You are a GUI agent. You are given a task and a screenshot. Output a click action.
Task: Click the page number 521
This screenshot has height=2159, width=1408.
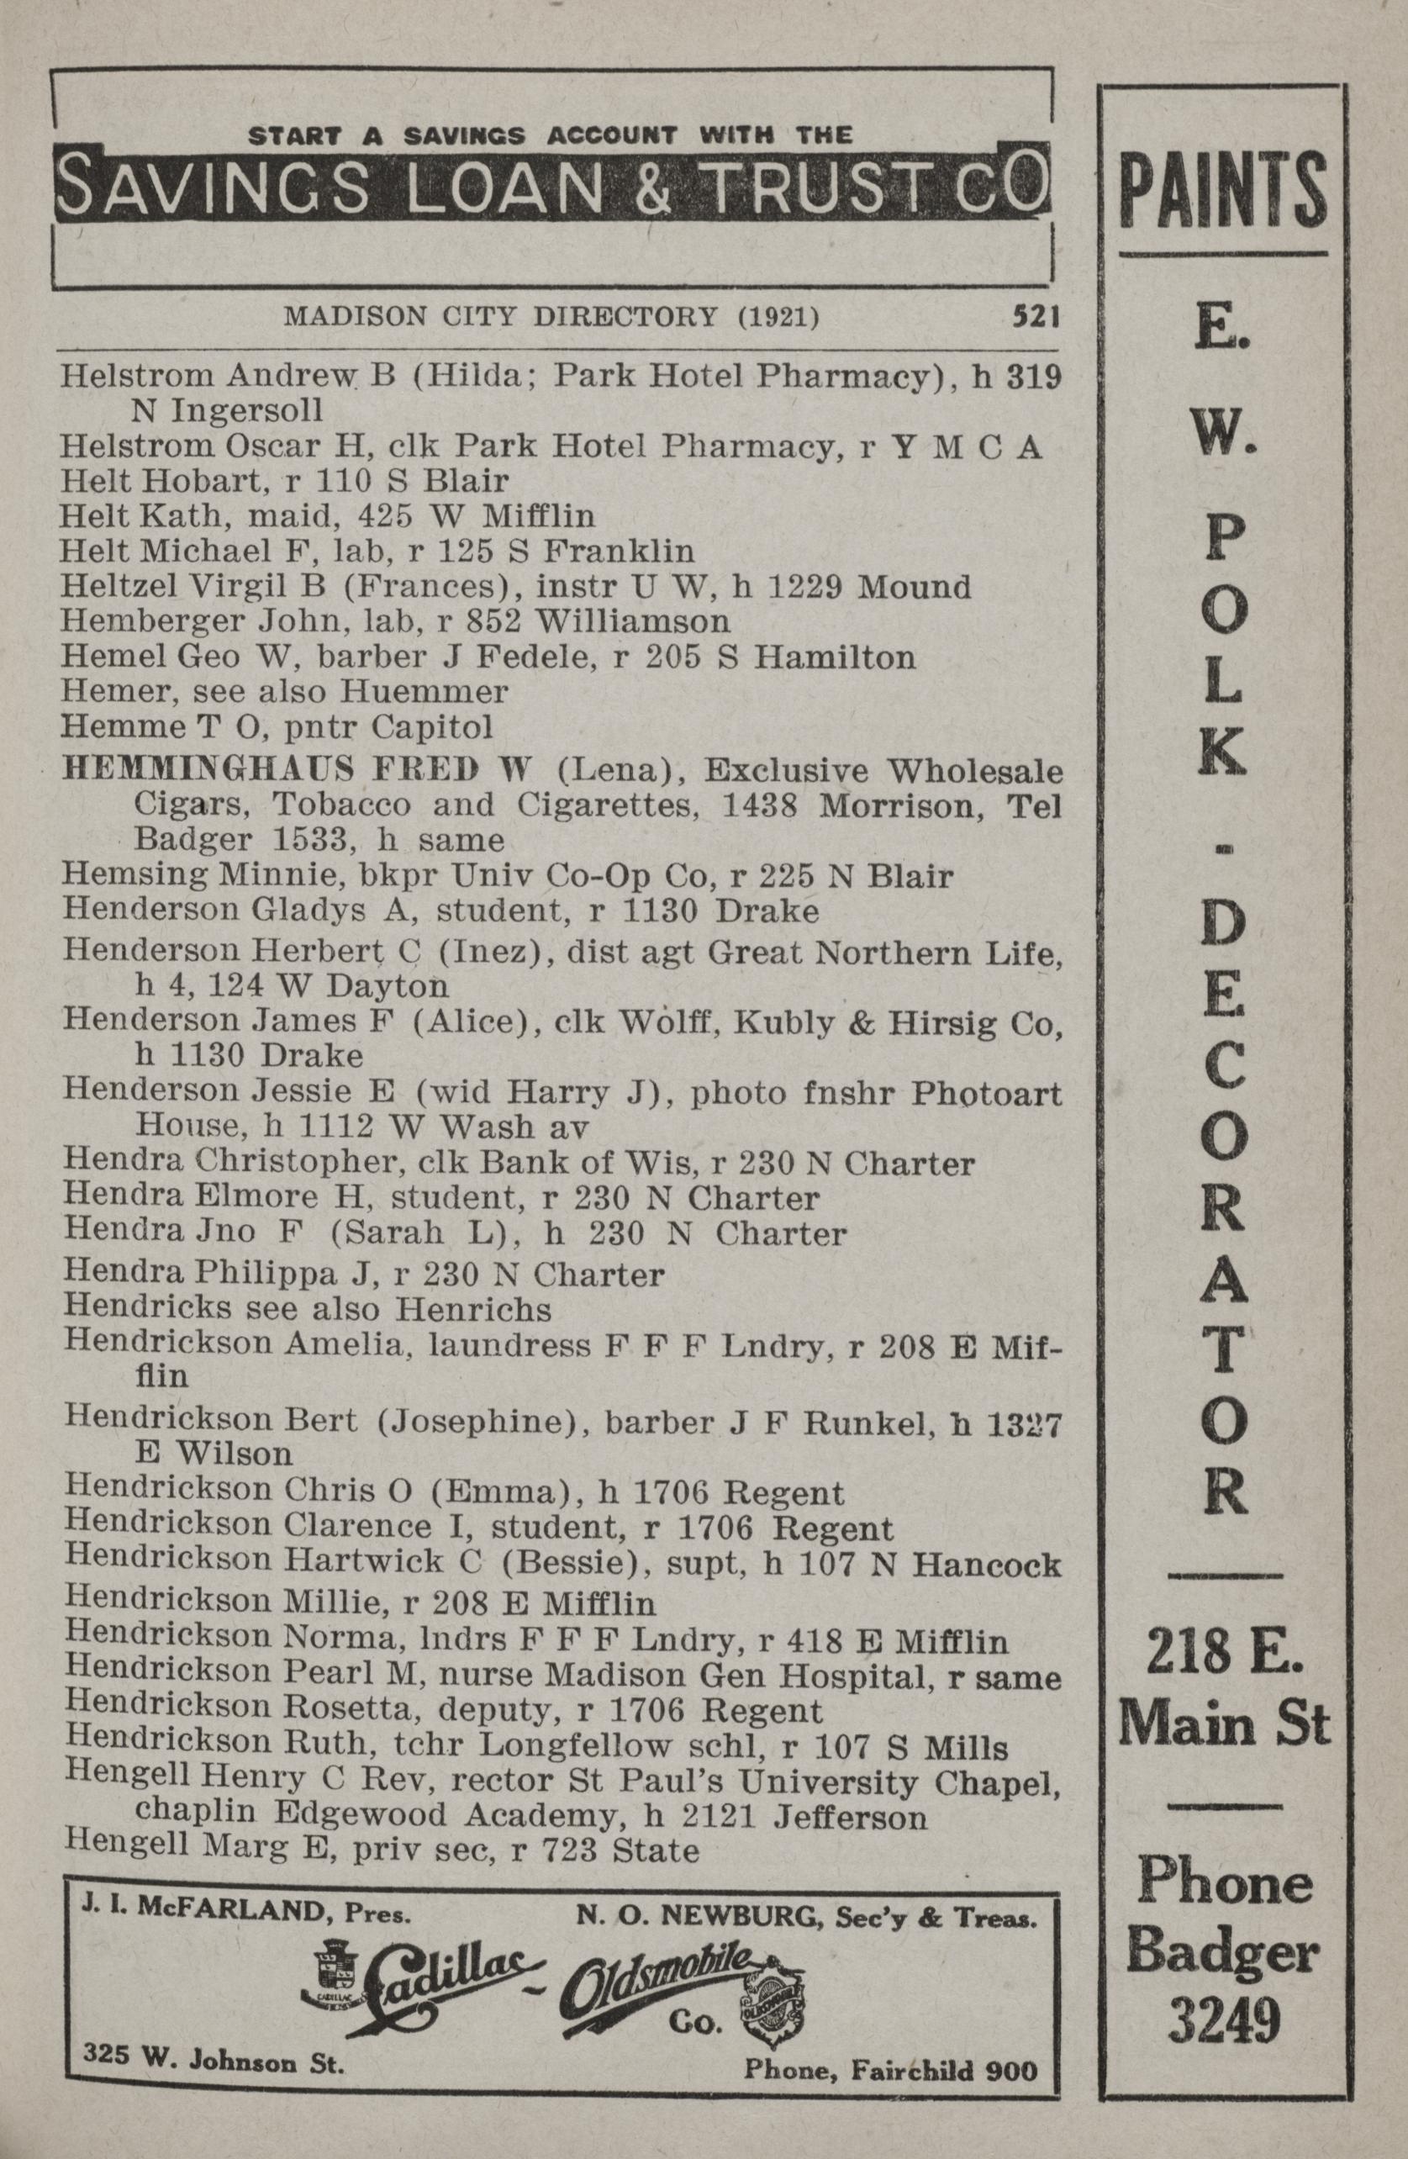click(1036, 317)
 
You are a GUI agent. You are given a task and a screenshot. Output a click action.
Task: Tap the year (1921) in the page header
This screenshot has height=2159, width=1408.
click(778, 318)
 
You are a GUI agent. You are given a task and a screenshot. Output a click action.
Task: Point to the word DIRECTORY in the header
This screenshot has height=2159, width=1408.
click(627, 318)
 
